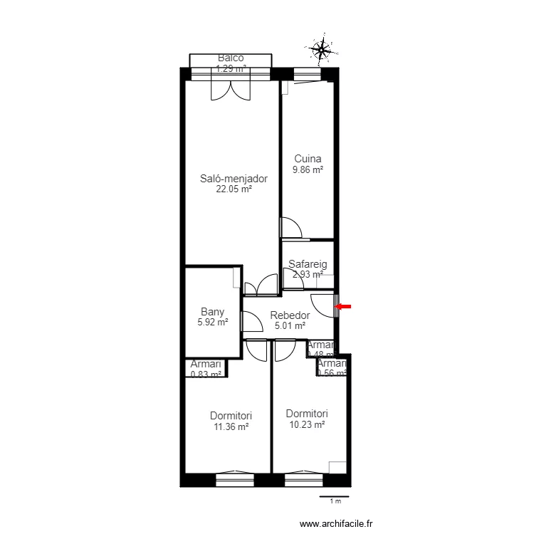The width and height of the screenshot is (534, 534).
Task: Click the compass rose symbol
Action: (x=322, y=49)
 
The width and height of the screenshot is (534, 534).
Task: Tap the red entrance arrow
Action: (x=344, y=307)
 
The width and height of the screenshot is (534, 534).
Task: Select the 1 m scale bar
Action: (x=334, y=497)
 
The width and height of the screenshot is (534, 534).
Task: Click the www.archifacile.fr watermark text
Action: (x=337, y=524)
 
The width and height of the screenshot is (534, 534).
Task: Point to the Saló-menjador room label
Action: (x=234, y=179)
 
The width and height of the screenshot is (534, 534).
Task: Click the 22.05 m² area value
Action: (x=234, y=189)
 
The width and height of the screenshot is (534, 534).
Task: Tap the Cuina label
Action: (x=308, y=159)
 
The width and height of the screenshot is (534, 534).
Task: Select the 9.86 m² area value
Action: (x=308, y=170)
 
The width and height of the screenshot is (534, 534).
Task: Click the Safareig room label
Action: (x=308, y=264)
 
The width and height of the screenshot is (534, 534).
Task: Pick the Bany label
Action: (x=213, y=312)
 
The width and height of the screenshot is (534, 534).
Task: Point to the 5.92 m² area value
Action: (x=213, y=323)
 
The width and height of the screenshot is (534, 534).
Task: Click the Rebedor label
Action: (x=290, y=315)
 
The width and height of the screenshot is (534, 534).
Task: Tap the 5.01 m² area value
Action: (x=290, y=326)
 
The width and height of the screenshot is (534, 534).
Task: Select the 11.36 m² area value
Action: (x=231, y=427)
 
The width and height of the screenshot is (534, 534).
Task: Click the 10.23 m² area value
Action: (x=307, y=424)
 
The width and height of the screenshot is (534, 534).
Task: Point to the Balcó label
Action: (x=231, y=58)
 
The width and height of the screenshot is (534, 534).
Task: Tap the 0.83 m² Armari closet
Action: (x=206, y=368)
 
